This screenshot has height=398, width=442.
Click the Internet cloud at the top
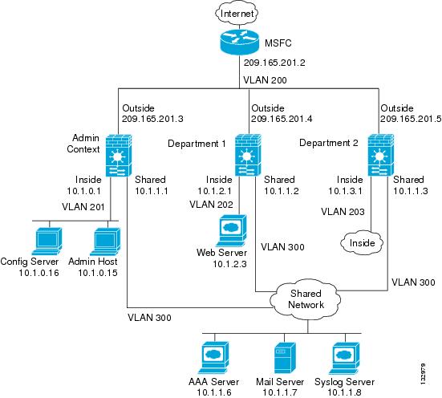point(237,14)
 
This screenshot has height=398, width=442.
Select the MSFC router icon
point(239,42)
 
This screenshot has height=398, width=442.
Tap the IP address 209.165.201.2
point(274,63)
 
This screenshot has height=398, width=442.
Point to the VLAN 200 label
point(265,80)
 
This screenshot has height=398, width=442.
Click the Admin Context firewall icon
point(119,156)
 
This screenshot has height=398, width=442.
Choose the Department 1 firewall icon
point(248,155)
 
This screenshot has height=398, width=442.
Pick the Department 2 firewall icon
point(381,155)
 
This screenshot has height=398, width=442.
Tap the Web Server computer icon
point(232,230)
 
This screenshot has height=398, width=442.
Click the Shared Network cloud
point(306,299)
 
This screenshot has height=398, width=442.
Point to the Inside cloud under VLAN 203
point(362,242)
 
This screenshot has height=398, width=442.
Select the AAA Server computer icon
point(213,358)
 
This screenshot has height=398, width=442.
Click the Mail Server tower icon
point(285,358)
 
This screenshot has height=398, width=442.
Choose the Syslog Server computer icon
point(344,358)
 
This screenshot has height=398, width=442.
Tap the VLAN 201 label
point(83,207)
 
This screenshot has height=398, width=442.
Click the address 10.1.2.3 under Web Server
point(229,264)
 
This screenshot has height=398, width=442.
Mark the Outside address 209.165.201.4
point(282,119)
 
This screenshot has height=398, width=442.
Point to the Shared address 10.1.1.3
point(411,191)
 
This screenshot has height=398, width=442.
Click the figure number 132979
point(423,374)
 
